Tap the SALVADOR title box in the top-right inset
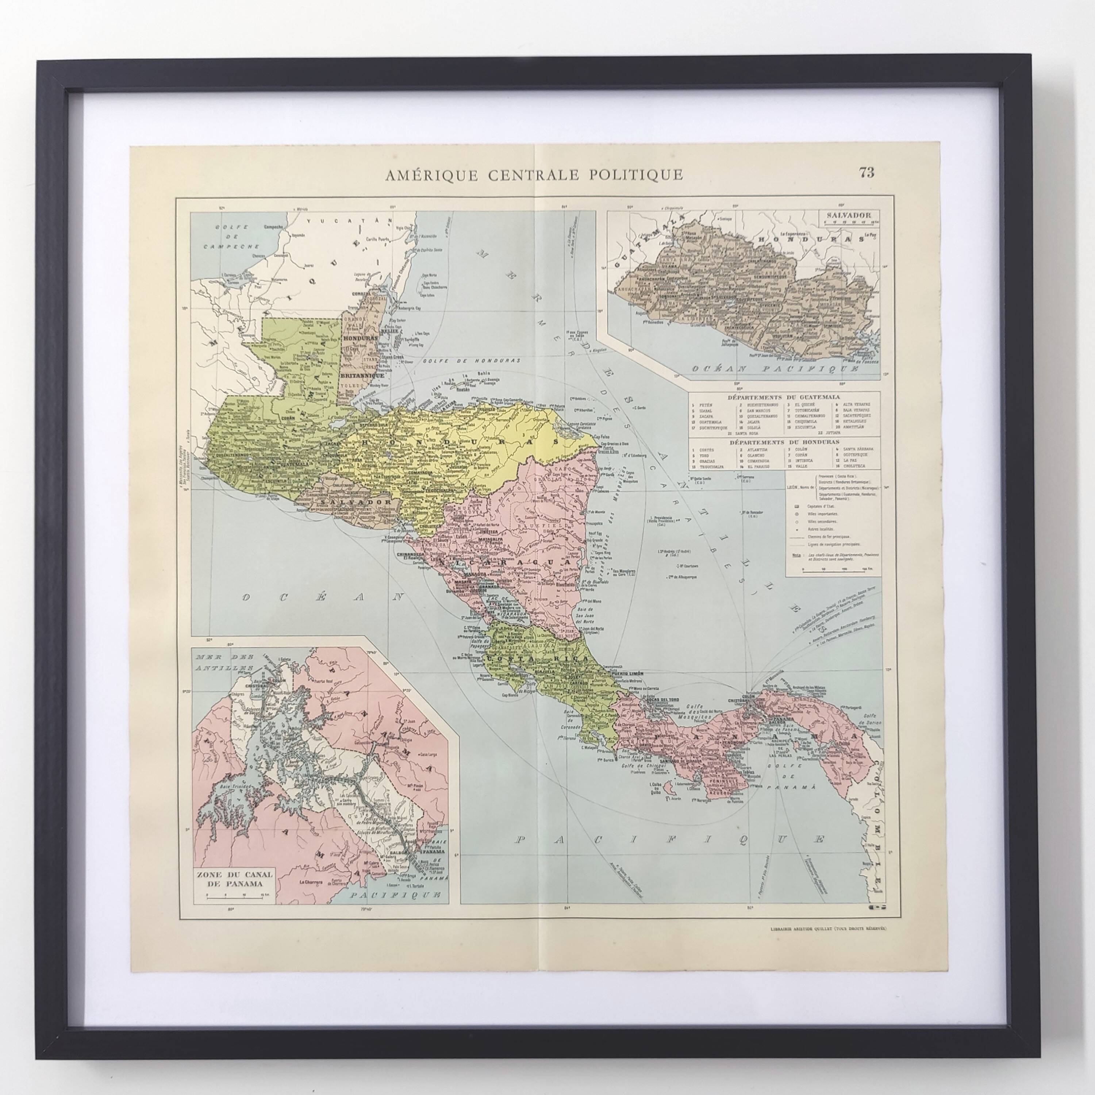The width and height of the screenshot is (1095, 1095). pos(849,217)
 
